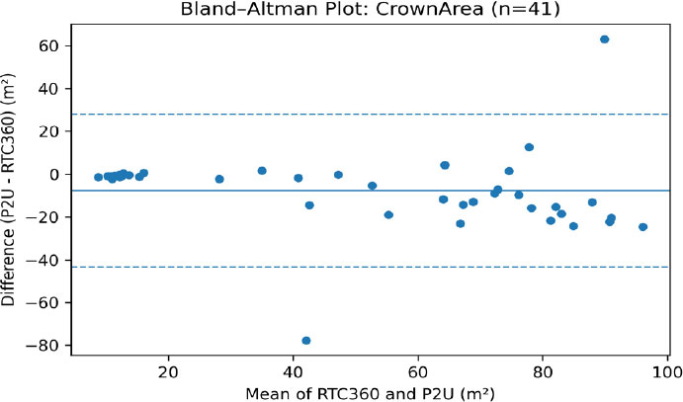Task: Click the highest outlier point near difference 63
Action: coord(604,40)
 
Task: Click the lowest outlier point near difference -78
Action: coord(306,341)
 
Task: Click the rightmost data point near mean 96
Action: coord(642,227)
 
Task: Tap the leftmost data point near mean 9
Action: coord(98,178)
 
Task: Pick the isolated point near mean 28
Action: coord(219,180)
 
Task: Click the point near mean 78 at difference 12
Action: coord(529,147)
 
